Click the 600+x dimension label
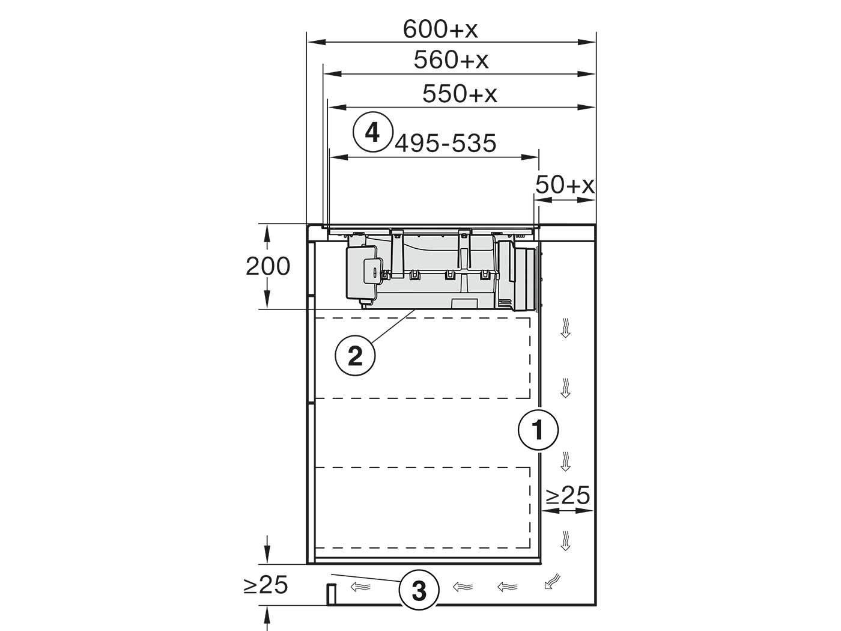pyautogui.click(x=440, y=29)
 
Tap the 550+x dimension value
pyautogui.click(x=460, y=94)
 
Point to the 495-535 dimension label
pyautogui.click(x=446, y=143)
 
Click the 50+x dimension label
pyautogui.click(x=565, y=184)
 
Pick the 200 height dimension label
pyautogui.click(x=268, y=266)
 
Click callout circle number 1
pyautogui.click(x=538, y=430)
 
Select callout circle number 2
pyautogui.click(x=355, y=356)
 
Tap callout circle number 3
pyautogui.click(x=419, y=590)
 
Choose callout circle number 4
pyautogui.click(x=373, y=132)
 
